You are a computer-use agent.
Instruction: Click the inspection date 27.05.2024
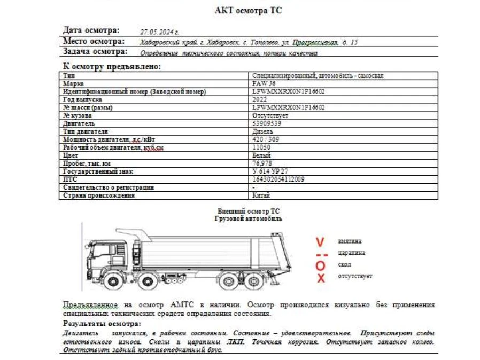[159, 32]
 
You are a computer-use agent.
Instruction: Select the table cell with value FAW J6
[265, 84]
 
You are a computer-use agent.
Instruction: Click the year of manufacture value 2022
[260, 99]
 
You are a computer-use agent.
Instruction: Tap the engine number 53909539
[267, 123]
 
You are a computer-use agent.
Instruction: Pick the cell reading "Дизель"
[262, 131]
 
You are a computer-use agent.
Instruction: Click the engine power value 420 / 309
[266, 139]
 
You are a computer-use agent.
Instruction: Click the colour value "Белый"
[261, 155]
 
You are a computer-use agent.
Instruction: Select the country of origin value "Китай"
[261, 195]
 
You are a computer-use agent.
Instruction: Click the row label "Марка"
[73, 84]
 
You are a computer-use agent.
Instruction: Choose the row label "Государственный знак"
[98, 171]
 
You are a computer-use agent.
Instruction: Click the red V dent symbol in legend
[320, 242]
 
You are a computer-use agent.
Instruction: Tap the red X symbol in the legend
[321, 278]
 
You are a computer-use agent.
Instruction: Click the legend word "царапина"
[351, 253]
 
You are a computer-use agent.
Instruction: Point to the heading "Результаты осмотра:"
[102, 324]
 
